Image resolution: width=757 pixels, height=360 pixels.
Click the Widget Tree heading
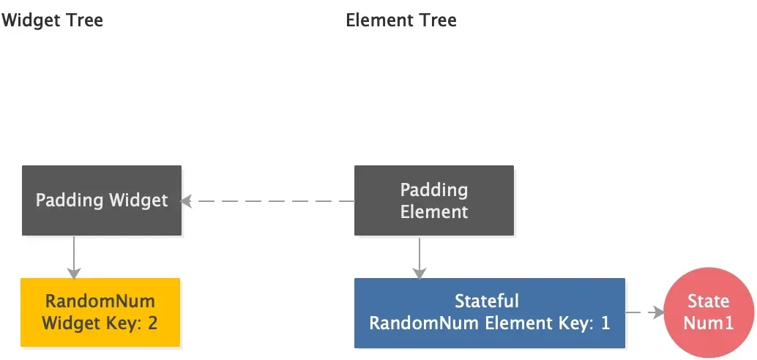(x=52, y=20)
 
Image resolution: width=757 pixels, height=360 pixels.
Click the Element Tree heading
(x=400, y=20)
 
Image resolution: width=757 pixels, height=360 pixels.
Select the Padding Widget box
(x=102, y=200)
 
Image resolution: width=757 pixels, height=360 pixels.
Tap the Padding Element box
(x=434, y=200)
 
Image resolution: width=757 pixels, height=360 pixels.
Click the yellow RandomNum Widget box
(x=100, y=312)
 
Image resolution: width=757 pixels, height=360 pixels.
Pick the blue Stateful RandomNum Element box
(x=489, y=312)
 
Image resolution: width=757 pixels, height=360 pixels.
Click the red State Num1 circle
(x=708, y=312)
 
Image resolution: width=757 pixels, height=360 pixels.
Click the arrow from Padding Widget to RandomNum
(x=73, y=257)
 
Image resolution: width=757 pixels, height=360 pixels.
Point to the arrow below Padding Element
(x=419, y=257)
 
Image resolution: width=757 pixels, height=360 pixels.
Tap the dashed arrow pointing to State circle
(x=644, y=312)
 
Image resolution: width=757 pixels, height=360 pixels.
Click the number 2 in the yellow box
(x=152, y=323)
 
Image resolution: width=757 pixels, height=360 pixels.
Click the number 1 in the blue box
(x=605, y=323)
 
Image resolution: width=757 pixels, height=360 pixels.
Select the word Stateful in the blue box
(x=487, y=301)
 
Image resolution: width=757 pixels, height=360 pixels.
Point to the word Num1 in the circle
(x=708, y=323)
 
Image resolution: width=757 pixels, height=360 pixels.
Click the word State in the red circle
(x=708, y=301)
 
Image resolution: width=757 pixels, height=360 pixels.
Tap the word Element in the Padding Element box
(x=434, y=211)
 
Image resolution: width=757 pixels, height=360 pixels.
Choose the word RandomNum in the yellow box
(x=100, y=301)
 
